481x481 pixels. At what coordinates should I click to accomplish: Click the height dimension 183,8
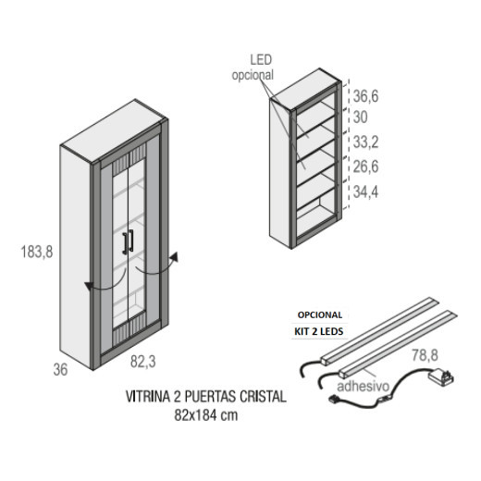coord(37,252)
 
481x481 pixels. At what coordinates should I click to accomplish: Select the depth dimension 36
coord(60,369)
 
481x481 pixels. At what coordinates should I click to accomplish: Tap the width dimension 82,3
coord(142,362)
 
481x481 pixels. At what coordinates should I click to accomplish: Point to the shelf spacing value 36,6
coord(365,96)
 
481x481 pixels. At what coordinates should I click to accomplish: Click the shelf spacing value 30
coord(360,117)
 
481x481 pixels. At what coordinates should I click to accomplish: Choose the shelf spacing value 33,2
coord(365,142)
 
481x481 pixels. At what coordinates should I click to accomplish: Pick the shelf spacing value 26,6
coord(365,166)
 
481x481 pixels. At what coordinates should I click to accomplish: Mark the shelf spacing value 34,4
coord(365,192)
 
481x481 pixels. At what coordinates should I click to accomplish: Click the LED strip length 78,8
coord(425,355)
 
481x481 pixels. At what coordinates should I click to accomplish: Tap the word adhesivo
coord(364,386)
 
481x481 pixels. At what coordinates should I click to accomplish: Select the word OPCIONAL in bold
coord(320,314)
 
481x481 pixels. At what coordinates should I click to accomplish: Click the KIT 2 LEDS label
coord(319,331)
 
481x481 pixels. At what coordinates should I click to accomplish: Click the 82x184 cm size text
coord(206,415)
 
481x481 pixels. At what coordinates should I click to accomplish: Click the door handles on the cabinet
coord(128,242)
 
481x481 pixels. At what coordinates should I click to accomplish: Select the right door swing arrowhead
coord(175,257)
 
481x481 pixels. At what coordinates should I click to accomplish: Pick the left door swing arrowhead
coord(90,286)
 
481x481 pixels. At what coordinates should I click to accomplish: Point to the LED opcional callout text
coord(253,68)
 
